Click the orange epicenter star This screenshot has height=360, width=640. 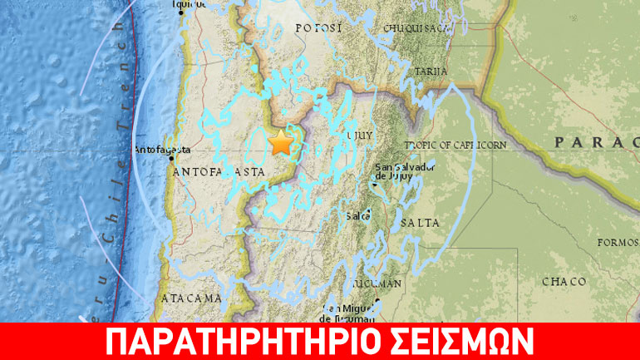tap(283, 142)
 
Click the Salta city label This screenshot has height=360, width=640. tap(359, 215)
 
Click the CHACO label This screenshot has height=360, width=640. tap(564, 282)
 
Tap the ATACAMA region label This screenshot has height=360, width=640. tap(194, 298)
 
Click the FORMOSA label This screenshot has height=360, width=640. tap(618, 243)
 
